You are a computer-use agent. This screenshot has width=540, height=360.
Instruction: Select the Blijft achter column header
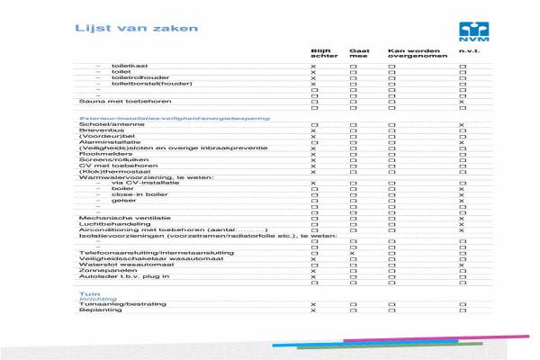tap(321, 56)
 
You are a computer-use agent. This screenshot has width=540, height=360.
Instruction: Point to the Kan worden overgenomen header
tap(409, 56)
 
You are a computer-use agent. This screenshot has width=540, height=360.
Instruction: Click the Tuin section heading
tap(88, 293)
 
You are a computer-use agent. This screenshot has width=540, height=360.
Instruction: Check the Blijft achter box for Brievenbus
tap(314, 130)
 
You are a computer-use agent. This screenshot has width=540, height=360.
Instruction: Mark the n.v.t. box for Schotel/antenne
tap(462, 125)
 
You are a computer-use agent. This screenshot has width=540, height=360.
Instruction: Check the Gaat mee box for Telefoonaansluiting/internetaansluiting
tap(354, 253)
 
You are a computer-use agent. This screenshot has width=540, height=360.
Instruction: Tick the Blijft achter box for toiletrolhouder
tap(314, 78)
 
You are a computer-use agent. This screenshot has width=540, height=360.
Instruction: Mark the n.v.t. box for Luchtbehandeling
tap(462, 224)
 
